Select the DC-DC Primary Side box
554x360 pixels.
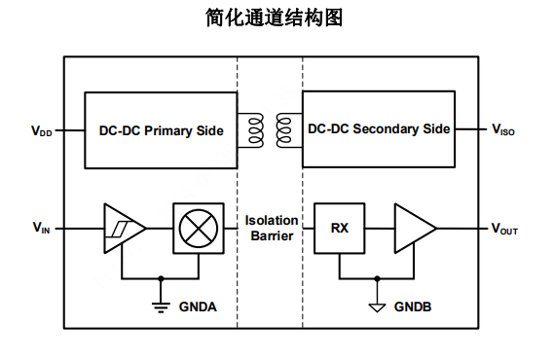pos(161,130)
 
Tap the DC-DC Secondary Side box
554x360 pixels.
pos(380,128)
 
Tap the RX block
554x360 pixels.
pos(339,228)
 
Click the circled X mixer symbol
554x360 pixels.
pos(198,228)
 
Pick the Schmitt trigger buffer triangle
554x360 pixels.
pos(122,228)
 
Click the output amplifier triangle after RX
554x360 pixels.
pos(413,228)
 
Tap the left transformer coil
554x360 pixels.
pos(255,128)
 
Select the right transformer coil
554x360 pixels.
pos(284,128)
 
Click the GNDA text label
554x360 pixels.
pos(198,306)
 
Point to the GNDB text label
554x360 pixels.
pos(414,306)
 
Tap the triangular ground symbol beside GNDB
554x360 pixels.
pos(376,306)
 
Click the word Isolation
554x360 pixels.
pos(272,220)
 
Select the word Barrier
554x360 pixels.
pos(272,236)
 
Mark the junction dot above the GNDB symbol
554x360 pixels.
pos(376,277)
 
